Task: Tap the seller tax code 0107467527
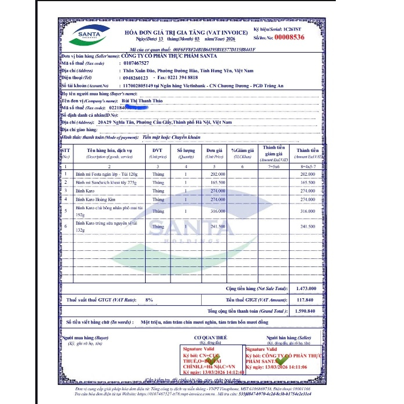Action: tap(136, 62)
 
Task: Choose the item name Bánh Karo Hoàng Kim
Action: tap(97, 199)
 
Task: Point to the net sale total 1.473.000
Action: tap(305, 288)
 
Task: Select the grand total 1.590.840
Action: tap(305, 311)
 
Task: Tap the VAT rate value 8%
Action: tap(149, 299)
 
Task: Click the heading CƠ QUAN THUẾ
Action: tap(210, 337)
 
